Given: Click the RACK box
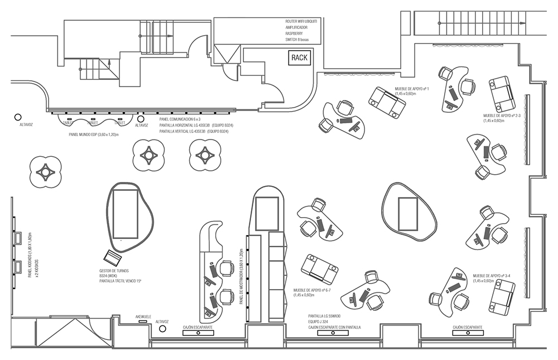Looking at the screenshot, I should pos(299,57).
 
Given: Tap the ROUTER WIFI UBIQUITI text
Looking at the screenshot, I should pos(305,21).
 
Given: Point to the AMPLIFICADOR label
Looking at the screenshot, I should pos(296,27).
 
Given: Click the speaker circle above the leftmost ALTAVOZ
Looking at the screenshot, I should pos(18,117).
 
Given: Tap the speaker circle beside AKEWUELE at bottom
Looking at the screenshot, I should pos(162,329).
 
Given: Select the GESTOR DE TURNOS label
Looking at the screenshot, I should pos(114,270).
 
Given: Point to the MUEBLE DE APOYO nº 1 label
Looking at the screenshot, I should pos(412,89).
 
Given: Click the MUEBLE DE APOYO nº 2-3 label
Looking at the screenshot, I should pos(502,116).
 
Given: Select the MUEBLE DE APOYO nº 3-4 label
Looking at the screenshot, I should pos(491,276).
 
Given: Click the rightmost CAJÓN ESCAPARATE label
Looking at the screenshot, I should pos(468,327).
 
